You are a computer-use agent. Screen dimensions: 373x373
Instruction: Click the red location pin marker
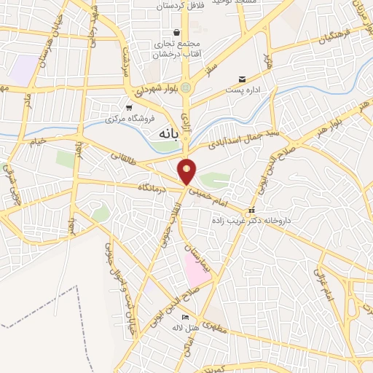click(187, 171)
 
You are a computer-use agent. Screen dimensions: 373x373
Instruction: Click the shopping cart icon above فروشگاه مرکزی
click(128, 108)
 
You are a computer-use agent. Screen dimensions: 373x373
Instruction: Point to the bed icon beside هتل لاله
click(184, 318)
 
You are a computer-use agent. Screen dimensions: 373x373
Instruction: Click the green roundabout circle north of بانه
click(187, 87)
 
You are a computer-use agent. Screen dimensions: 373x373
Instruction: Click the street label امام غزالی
click(323, 285)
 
